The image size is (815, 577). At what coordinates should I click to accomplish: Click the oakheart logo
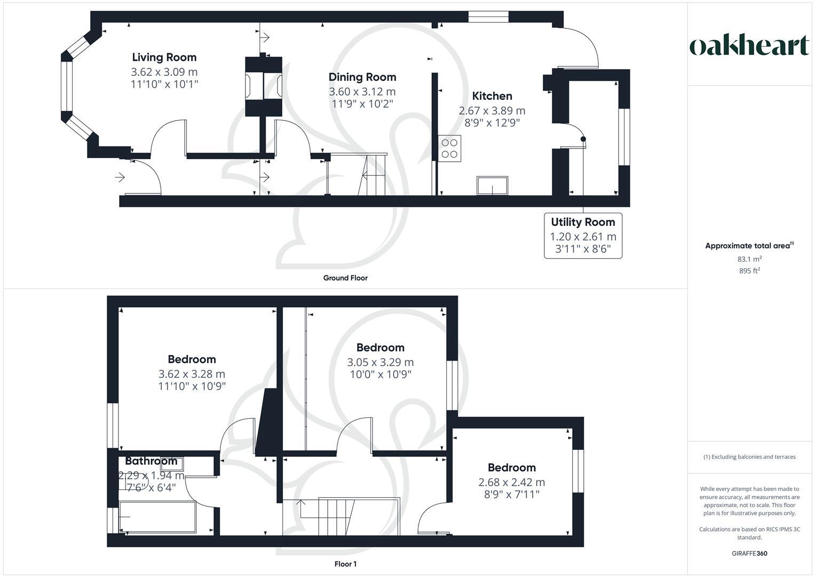(x=749, y=46)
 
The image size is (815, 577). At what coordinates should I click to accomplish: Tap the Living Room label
(x=164, y=57)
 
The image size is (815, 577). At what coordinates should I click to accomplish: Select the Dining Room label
(x=362, y=77)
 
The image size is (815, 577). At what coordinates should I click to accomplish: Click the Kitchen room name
(x=492, y=96)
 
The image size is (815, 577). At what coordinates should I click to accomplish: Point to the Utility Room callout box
(x=583, y=236)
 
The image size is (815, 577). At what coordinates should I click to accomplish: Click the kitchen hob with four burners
(x=450, y=148)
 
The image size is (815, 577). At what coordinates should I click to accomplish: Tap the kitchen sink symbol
(x=492, y=186)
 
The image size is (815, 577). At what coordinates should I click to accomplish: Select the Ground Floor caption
(x=345, y=278)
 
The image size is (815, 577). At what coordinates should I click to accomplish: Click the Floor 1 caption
(x=345, y=564)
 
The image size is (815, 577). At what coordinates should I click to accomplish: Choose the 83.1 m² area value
(x=749, y=259)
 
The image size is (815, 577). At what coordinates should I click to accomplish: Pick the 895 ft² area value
(x=749, y=271)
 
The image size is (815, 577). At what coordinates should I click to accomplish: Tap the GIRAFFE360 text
(x=749, y=553)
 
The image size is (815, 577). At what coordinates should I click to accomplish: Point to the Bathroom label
(x=151, y=461)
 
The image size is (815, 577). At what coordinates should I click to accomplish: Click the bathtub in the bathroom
(x=157, y=517)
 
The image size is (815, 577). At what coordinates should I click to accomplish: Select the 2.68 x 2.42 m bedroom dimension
(x=511, y=482)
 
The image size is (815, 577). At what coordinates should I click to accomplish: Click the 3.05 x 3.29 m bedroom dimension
(x=380, y=362)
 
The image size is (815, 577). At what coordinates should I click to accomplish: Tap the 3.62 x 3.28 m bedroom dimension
(x=192, y=374)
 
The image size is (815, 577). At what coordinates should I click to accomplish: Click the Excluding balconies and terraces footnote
(x=749, y=457)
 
